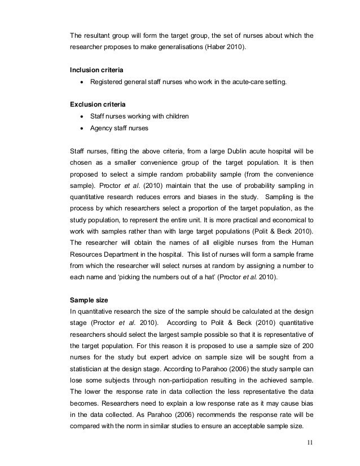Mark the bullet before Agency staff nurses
[82, 128]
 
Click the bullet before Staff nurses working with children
[82, 116]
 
